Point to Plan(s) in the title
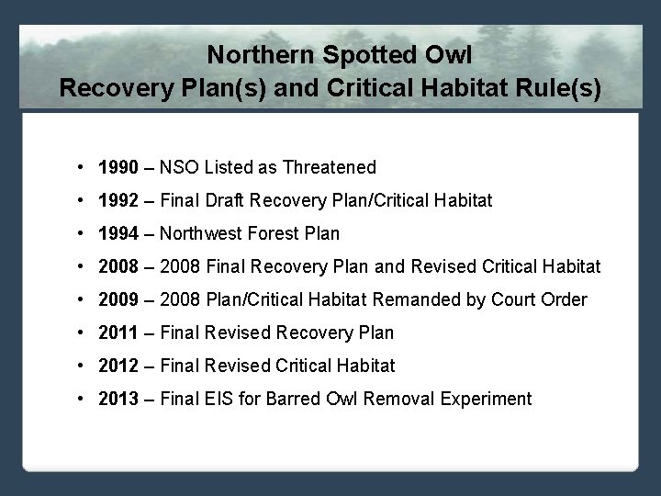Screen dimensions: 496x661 [225, 89]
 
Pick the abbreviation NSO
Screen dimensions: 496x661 [180, 167]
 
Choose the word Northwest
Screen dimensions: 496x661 [203, 233]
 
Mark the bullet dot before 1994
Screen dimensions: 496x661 [83, 233]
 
